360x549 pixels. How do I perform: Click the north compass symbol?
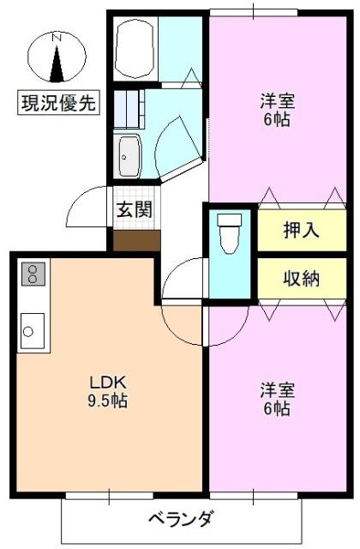57,58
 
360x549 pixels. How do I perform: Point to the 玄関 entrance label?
135,208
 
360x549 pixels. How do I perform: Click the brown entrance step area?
136,239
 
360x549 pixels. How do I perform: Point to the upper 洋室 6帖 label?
277,110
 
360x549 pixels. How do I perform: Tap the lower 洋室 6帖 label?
277,400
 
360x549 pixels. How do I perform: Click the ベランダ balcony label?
180,519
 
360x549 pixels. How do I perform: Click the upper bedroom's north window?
255,11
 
